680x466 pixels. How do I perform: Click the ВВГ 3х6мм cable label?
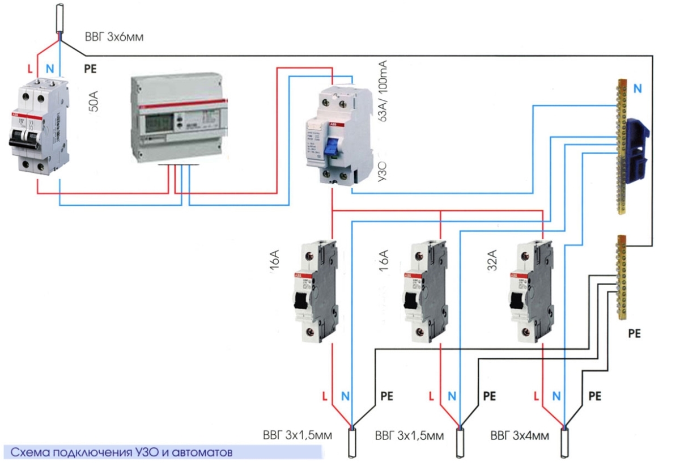pos(113,38)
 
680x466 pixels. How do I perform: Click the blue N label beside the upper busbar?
pos(639,88)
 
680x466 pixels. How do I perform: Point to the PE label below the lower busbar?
pos(634,334)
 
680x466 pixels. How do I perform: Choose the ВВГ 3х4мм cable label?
pos(520,436)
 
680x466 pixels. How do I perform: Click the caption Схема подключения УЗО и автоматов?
pos(122,452)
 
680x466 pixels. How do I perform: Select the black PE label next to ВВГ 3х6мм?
pos(90,69)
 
